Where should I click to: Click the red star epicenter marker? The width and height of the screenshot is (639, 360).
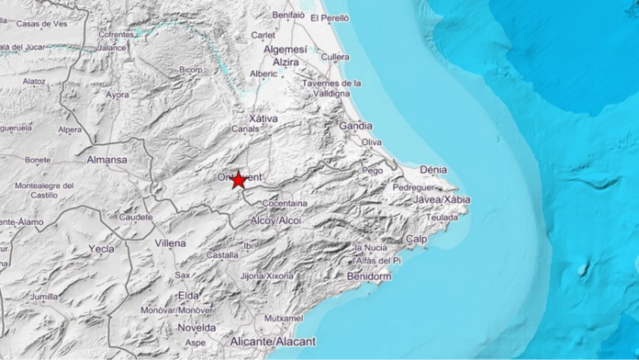tap(239, 180)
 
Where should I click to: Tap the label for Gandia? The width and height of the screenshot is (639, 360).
tap(355, 125)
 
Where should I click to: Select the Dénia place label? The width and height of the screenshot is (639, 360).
tap(432, 170)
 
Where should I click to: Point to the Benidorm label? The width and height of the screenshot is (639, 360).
tap(370, 276)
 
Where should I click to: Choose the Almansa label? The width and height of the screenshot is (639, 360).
tap(107, 160)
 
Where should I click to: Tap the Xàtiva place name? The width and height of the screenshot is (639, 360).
tap(263, 119)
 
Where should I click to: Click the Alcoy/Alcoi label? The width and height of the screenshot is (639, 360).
tap(275, 220)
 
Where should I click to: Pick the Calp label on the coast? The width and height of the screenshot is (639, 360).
tap(417, 240)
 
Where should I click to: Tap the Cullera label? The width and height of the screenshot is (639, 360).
tap(335, 57)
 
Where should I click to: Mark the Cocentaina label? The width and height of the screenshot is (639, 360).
tap(286, 203)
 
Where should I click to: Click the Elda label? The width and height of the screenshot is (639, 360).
tap(188, 295)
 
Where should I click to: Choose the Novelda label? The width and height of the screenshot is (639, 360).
tap(196, 327)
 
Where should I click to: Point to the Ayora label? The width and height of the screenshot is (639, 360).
tap(117, 94)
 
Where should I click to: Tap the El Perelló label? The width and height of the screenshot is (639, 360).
tap(331, 17)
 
